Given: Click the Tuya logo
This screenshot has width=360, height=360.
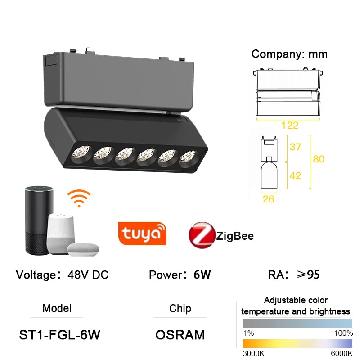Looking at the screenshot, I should pyautogui.click(x=142, y=233).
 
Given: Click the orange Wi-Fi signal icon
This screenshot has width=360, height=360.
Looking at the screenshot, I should pyautogui.click(x=79, y=198).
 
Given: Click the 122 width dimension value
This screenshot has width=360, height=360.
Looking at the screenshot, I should pyautogui.click(x=290, y=126).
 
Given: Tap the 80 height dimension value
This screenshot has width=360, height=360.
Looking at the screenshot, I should pyautogui.click(x=319, y=159).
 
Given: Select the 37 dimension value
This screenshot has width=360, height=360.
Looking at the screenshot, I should pyautogui.click(x=295, y=147).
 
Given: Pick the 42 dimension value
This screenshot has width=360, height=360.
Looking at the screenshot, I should pyautogui.click(x=295, y=175).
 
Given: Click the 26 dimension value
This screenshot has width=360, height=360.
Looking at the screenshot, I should pyautogui.click(x=268, y=198).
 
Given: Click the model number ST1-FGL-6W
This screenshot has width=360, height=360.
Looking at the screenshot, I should pyautogui.click(x=59, y=335).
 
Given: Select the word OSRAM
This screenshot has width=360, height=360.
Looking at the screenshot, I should pyautogui.click(x=180, y=335).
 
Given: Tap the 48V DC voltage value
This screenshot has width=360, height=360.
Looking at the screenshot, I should pyautogui.click(x=88, y=274).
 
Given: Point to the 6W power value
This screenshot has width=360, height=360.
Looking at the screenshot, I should pyautogui.click(x=202, y=274).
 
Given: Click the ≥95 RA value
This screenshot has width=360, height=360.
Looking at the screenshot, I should pyautogui.click(x=307, y=274).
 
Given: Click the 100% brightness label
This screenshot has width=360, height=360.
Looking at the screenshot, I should pyautogui.click(x=343, y=333).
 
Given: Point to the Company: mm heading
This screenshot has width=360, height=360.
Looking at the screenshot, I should pyautogui.click(x=289, y=54).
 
